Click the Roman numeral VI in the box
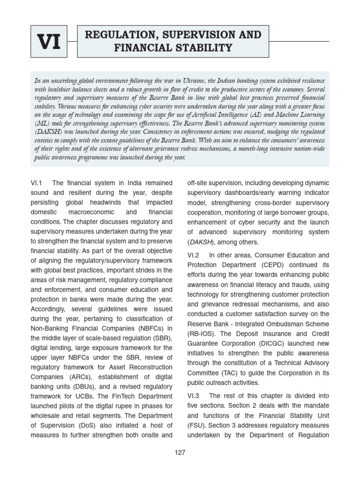tap(49, 43)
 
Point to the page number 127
tap(180, 452)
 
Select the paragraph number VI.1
tap(37, 183)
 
